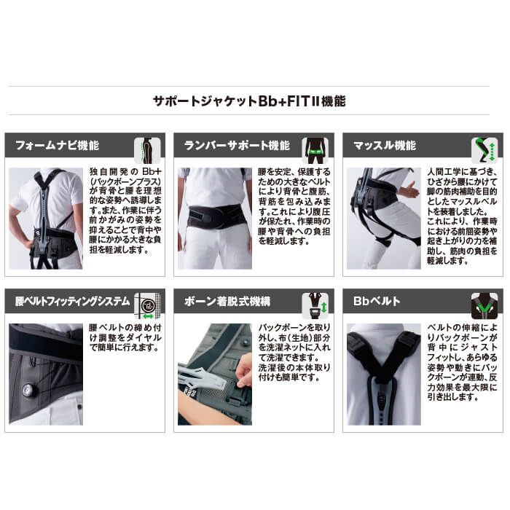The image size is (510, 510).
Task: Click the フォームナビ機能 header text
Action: [57, 145]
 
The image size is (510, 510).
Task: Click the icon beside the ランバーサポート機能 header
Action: [315, 150]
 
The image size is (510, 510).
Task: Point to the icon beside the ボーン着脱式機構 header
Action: [315, 307]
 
